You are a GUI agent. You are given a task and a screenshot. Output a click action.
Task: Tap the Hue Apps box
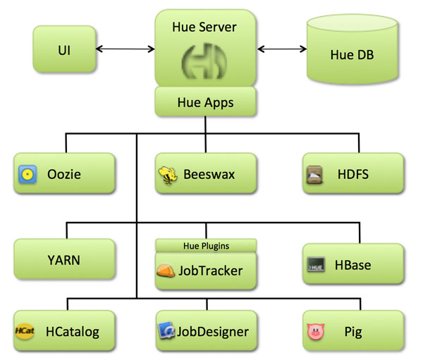(205, 103)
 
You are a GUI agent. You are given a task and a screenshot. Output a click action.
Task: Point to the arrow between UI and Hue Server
(125, 49)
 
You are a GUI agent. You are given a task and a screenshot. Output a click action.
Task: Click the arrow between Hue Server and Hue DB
(281, 49)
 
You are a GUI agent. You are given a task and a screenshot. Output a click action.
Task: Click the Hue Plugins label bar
(205, 245)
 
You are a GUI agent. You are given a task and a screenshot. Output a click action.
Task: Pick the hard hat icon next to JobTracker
(168, 271)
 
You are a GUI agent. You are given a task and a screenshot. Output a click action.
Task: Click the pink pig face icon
(315, 330)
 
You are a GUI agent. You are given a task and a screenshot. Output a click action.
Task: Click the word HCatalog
(72, 330)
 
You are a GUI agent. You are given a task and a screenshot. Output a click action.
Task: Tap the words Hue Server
(204, 27)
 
